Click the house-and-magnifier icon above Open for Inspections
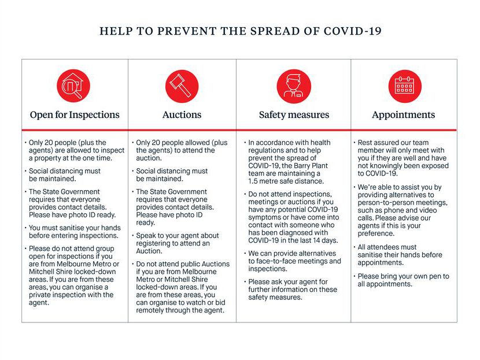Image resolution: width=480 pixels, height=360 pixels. click(x=73, y=86)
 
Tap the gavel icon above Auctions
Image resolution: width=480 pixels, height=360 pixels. click(x=182, y=86)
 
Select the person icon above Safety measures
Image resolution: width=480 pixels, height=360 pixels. click(x=294, y=86)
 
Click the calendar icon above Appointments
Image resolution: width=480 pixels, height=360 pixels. click(x=404, y=86)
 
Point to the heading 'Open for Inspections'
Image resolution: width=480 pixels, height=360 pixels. click(x=75, y=115)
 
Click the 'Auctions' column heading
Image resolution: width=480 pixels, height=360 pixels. click(x=182, y=115)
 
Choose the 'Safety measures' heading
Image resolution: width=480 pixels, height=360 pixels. click(x=294, y=115)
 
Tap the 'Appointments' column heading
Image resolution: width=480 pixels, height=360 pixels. click(x=404, y=115)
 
